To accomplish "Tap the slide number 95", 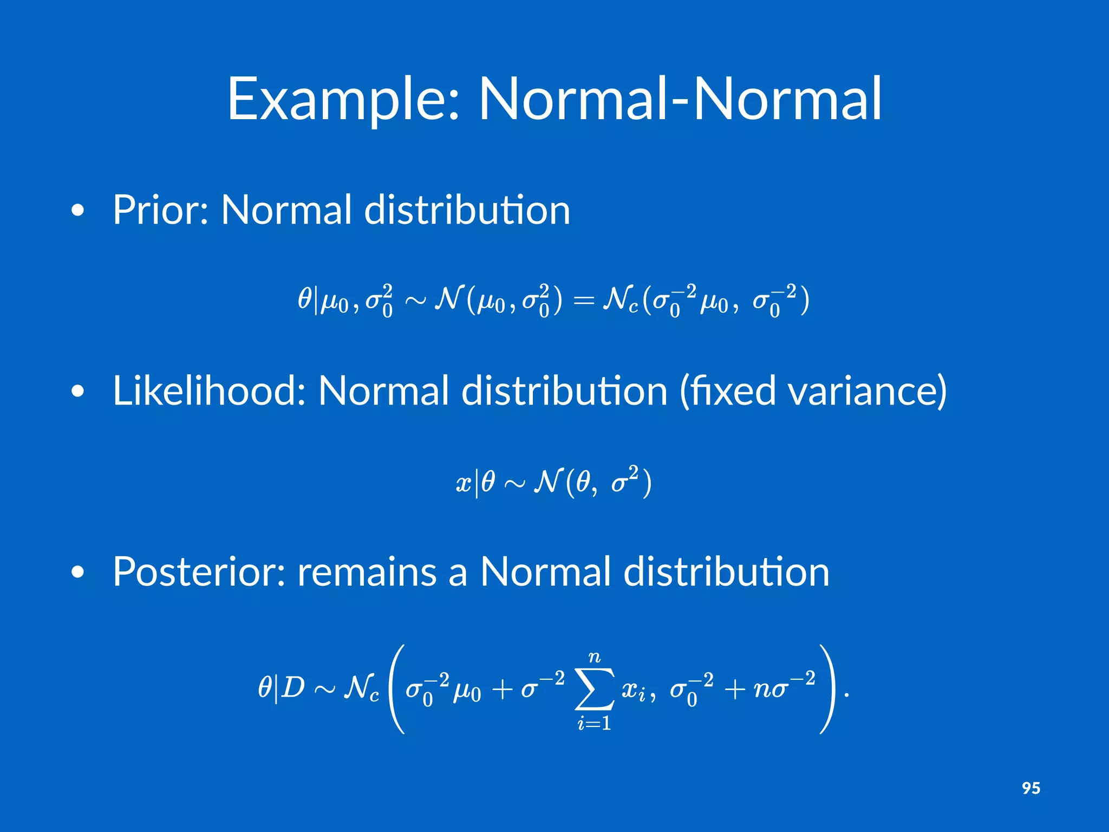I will (1031, 788).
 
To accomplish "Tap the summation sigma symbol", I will (595, 689).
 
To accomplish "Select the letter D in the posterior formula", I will (293, 688).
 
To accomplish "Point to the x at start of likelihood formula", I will (464, 482).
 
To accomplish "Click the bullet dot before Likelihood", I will (78, 392).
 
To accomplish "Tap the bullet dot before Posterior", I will (78, 573).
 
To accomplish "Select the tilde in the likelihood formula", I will (514, 484).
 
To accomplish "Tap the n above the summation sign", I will (595, 658).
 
